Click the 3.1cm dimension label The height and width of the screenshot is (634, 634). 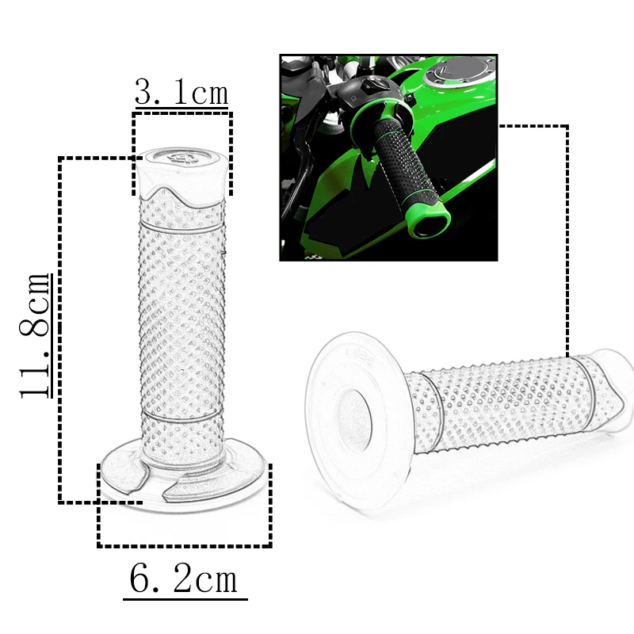(181, 91)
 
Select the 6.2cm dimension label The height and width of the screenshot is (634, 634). (184, 579)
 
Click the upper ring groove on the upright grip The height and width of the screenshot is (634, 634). (181, 227)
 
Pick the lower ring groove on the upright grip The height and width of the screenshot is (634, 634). (182, 418)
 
